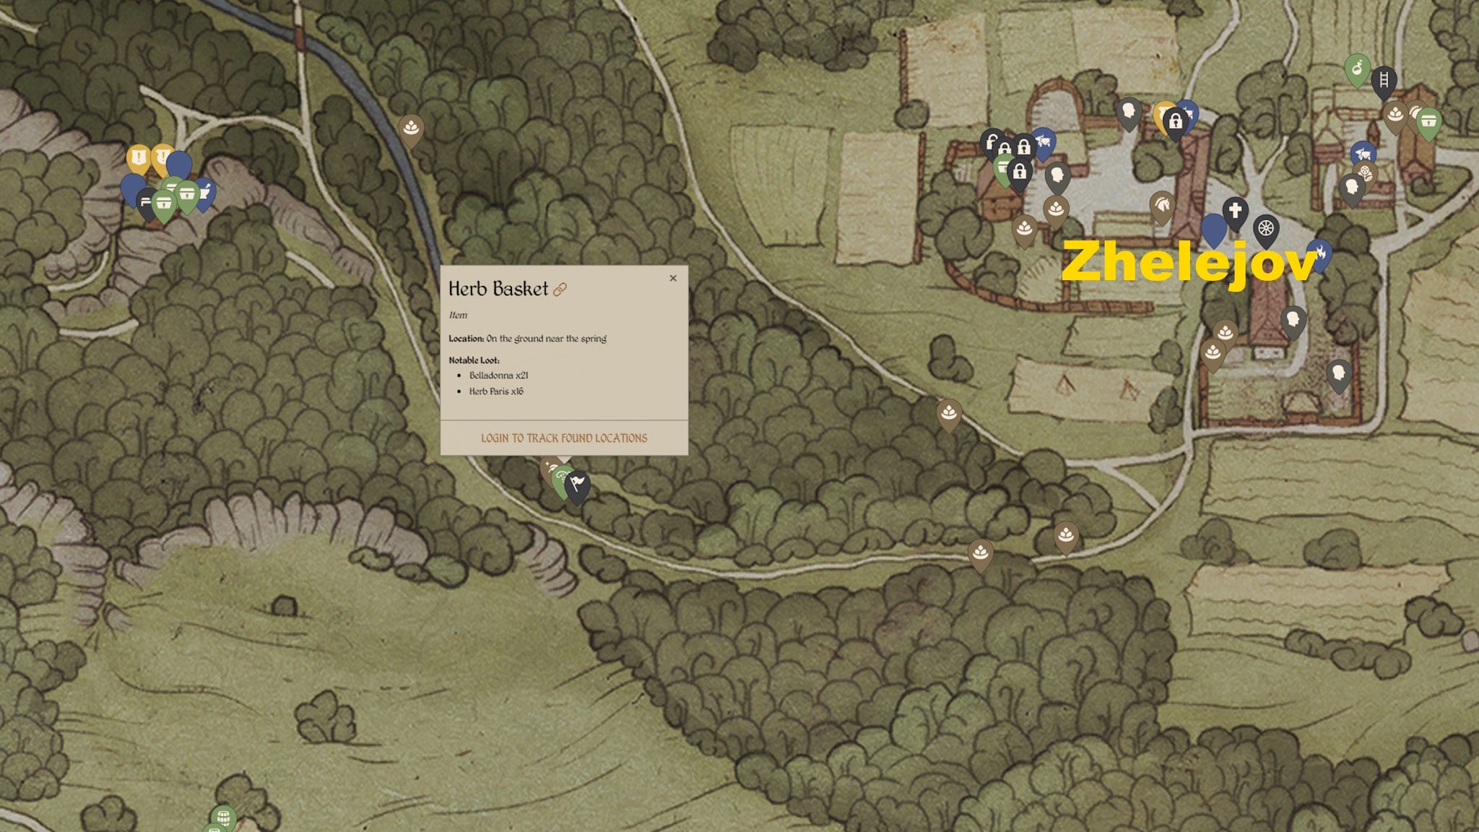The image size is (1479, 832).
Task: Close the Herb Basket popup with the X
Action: (x=673, y=278)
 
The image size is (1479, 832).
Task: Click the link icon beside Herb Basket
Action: (x=560, y=290)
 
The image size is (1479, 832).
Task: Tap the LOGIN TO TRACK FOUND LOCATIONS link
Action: (x=564, y=438)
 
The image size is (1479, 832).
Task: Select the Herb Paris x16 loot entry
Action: (x=496, y=391)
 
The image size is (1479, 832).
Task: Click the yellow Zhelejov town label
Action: (x=1189, y=261)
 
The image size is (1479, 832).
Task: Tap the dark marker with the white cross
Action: (x=1235, y=212)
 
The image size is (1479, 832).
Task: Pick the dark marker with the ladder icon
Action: (x=1384, y=80)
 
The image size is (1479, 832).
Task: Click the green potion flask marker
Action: (x=1357, y=69)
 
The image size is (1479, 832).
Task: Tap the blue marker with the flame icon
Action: (x=1319, y=253)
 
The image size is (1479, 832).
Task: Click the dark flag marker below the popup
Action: (x=577, y=484)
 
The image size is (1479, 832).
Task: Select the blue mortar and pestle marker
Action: (x=205, y=193)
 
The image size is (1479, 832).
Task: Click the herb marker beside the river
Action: (x=411, y=128)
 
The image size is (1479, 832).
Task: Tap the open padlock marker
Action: (x=992, y=142)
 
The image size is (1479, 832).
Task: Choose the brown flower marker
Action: (x=1364, y=174)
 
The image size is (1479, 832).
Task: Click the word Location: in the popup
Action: (x=466, y=338)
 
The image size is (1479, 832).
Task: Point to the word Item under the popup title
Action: (x=458, y=315)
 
